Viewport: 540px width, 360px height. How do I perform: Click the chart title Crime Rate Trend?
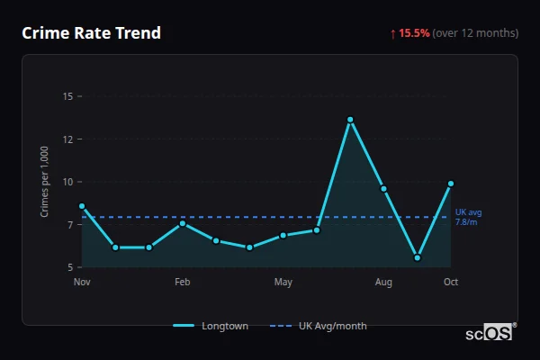pos(91,33)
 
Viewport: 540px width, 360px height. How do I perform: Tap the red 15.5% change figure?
pos(414,33)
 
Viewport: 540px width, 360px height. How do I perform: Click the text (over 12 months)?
pos(475,33)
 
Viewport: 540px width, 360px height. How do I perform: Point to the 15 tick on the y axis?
pos(68,96)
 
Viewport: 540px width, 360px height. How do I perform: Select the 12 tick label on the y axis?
pos(68,139)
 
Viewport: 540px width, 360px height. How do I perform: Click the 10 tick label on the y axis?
pos(68,182)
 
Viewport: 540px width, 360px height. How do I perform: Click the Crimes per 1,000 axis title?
pos(45,182)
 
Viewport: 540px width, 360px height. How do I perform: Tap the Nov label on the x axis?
pos(82,283)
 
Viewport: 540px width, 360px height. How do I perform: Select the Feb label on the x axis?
pos(183,283)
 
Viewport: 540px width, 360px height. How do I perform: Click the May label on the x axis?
pos(283,283)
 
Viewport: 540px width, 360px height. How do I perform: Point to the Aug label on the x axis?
pos(384,283)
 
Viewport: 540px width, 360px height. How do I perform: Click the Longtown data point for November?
pos(82,206)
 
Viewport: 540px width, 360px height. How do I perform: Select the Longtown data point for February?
pos(183,223)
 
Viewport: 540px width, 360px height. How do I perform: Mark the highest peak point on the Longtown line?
pos(350,120)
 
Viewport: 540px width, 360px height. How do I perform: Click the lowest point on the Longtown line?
pos(418,257)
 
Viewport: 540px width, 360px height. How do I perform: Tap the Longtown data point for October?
pos(451,184)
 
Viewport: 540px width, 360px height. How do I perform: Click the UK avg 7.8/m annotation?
pos(468,217)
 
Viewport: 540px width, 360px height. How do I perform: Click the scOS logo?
pos(490,333)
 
